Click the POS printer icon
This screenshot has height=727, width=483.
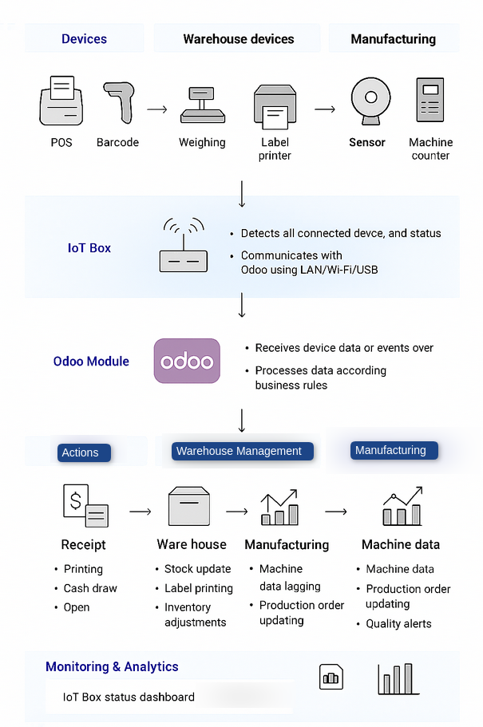pyautogui.click(x=61, y=101)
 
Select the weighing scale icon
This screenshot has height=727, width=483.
pyautogui.click(x=202, y=105)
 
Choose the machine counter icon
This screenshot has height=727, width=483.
pyautogui.click(x=430, y=101)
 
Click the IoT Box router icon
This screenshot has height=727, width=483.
pyautogui.click(x=183, y=247)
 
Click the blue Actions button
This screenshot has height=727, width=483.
pyautogui.click(x=81, y=452)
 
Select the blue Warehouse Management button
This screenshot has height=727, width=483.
pyautogui.click(x=239, y=451)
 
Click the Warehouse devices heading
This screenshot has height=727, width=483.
pyautogui.click(x=239, y=39)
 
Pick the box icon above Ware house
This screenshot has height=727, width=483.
pyautogui.click(x=189, y=506)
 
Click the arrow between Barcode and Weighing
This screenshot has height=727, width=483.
pyautogui.click(x=157, y=109)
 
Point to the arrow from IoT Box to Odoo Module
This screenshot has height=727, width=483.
pyautogui.click(x=242, y=306)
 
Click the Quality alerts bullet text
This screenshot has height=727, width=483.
pyautogui.click(x=398, y=624)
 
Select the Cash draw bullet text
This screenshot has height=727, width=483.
pyautogui.click(x=90, y=588)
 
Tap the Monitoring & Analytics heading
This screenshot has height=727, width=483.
pyautogui.click(x=112, y=666)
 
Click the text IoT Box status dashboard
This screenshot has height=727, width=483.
pyautogui.click(x=129, y=697)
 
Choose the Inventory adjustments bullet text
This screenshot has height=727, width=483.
pyautogui.click(x=195, y=614)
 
